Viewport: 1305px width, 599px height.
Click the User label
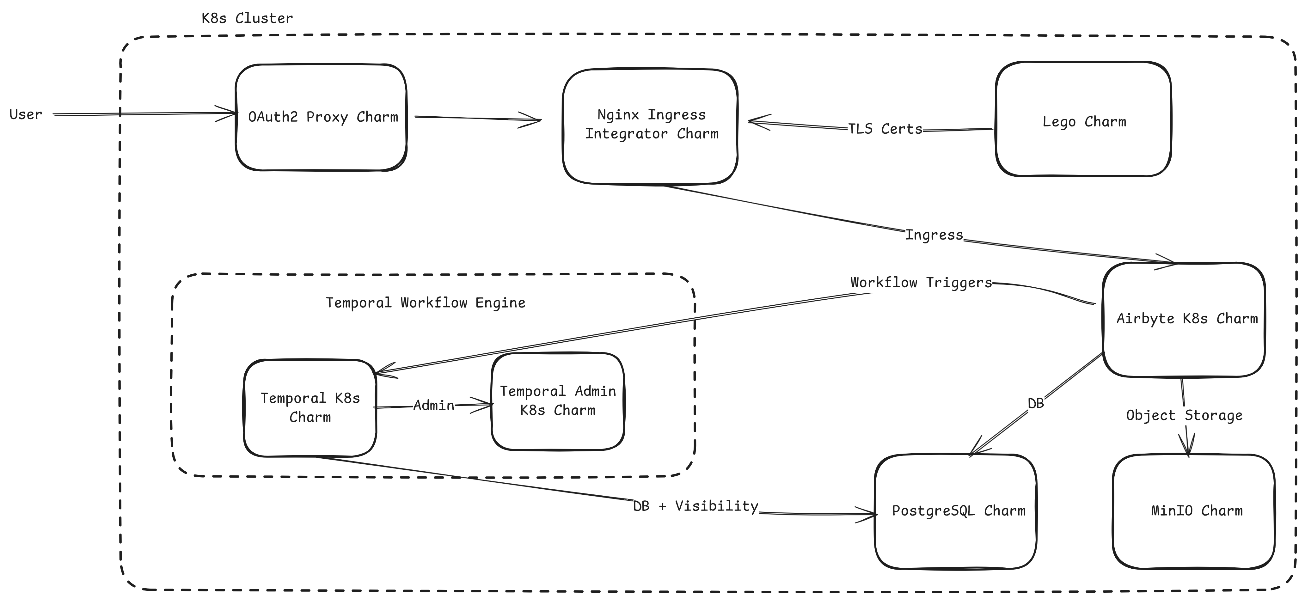click(25, 114)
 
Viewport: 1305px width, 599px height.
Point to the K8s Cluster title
click(247, 19)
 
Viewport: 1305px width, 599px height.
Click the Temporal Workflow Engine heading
click(425, 303)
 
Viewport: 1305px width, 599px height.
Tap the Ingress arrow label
click(934, 235)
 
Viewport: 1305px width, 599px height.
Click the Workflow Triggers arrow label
click(921, 283)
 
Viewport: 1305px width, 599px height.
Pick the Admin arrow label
click(434, 406)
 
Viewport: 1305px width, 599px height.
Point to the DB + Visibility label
click(695, 506)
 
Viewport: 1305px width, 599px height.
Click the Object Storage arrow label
click(1184, 416)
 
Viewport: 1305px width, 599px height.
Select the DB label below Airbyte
click(1035, 404)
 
